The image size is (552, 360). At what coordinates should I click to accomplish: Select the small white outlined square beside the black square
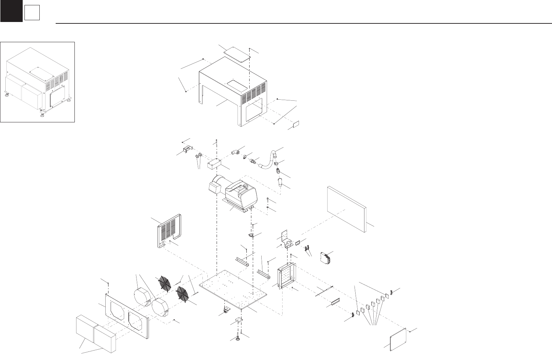tap(32, 13)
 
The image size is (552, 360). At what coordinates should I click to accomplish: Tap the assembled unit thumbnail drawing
tap(38, 82)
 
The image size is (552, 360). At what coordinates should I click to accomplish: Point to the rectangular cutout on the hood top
tap(237, 84)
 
